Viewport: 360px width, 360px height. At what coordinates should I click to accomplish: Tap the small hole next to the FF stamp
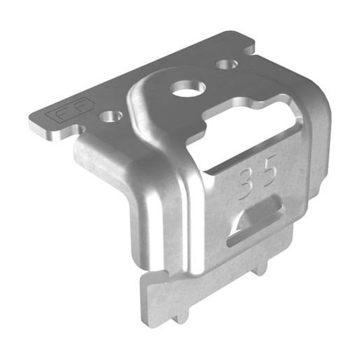(x=111, y=115)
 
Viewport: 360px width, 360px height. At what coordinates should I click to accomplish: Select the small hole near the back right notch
(x=226, y=65)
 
